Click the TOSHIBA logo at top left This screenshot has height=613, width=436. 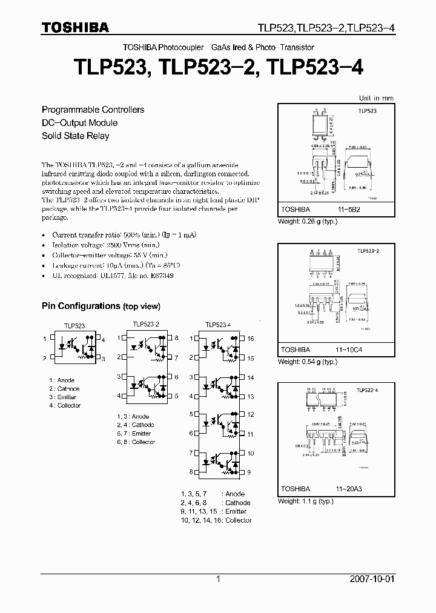pyautogui.click(x=75, y=27)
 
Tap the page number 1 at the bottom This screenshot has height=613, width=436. pyautogui.click(x=218, y=580)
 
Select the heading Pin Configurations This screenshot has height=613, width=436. pyautogui.click(x=81, y=306)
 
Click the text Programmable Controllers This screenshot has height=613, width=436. pyautogui.click(x=93, y=110)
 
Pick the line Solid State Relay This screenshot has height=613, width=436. pyautogui.click(x=75, y=136)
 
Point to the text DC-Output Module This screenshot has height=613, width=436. pyautogui.click(x=79, y=123)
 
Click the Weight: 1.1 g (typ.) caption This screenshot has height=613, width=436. pyautogui.click(x=307, y=501)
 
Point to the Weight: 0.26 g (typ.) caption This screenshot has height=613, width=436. pyautogui.click(x=307, y=222)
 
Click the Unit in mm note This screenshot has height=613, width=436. pyautogui.click(x=376, y=98)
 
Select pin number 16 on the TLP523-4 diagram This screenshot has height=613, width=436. pyautogui.click(x=251, y=339)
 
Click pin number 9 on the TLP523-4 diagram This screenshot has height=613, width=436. pyautogui.click(x=249, y=472)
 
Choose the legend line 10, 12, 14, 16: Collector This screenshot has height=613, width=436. pyautogui.click(x=216, y=520)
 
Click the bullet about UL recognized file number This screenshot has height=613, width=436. pyautogui.click(x=112, y=275)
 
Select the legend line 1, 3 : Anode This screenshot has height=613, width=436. pyautogui.click(x=133, y=416)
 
